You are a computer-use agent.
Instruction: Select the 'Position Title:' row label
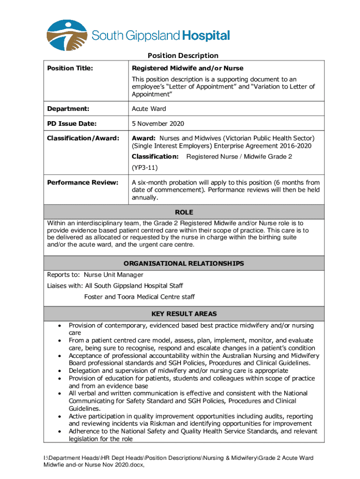click(x=70, y=69)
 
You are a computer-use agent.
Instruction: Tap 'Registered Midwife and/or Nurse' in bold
click(x=187, y=69)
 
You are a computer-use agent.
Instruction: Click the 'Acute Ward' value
click(x=149, y=109)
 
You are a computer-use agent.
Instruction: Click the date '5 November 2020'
click(x=158, y=124)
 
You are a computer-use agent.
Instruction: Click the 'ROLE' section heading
click(x=184, y=212)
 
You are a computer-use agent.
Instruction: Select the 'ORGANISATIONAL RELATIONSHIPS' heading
click(x=183, y=264)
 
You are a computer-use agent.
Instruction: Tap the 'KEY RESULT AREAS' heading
click(x=183, y=314)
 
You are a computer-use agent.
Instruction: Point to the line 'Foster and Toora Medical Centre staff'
click(x=139, y=297)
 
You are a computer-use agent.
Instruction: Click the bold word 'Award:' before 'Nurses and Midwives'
click(x=144, y=138)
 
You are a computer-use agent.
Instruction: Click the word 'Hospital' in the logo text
click(x=206, y=36)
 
